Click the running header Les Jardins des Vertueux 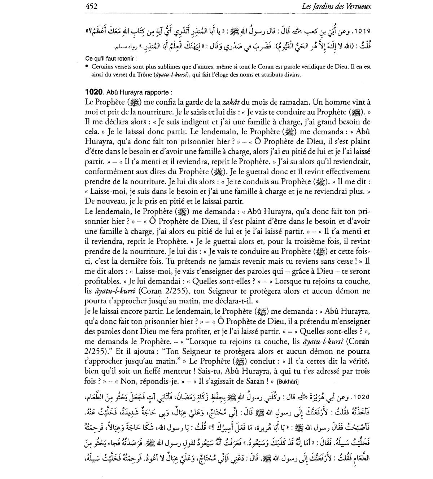(x=338, y=6)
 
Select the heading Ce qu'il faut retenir (x=111, y=59)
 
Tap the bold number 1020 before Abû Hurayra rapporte (x=95, y=92)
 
